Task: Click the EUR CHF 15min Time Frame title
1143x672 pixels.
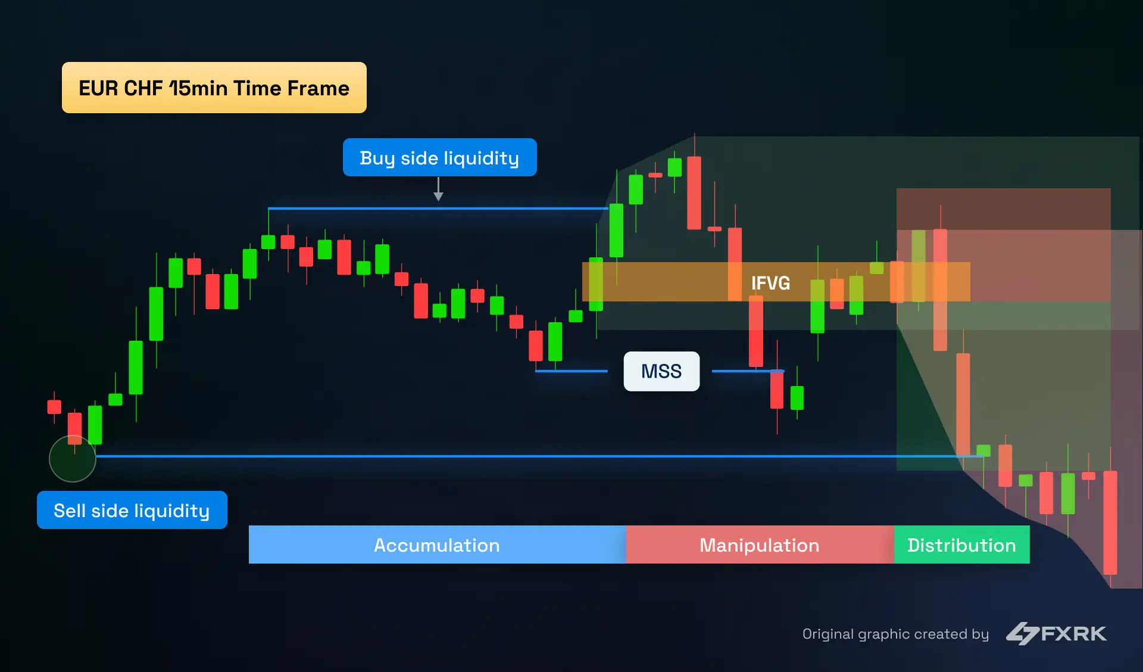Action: tap(214, 88)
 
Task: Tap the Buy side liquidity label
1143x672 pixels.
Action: tap(439, 158)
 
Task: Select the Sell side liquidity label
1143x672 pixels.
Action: tap(132, 511)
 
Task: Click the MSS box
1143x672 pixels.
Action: tap(661, 371)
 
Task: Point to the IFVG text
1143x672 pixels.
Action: tap(770, 283)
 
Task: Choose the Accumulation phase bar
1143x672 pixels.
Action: tap(437, 545)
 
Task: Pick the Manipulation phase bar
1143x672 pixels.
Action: tap(759, 545)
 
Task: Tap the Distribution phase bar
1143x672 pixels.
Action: tap(961, 545)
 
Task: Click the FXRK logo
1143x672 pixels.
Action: tap(1057, 633)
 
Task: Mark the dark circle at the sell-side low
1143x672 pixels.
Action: tap(73, 459)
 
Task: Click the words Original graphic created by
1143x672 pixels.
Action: tap(895, 634)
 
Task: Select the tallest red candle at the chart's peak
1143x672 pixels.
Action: tap(694, 192)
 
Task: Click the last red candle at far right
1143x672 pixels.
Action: tap(1110, 522)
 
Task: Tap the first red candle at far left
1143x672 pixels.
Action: tap(54, 407)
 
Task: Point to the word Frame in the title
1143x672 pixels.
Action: tap(318, 88)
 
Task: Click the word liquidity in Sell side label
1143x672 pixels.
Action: tap(171, 511)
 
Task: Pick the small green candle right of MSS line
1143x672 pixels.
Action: tap(797, 398)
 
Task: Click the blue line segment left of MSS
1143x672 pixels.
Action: tap(571, 371)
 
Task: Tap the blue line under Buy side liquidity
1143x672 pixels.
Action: tap(438, 209)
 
